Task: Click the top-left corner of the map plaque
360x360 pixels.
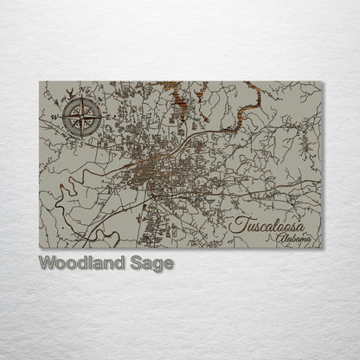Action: click(x=40, y=82)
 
